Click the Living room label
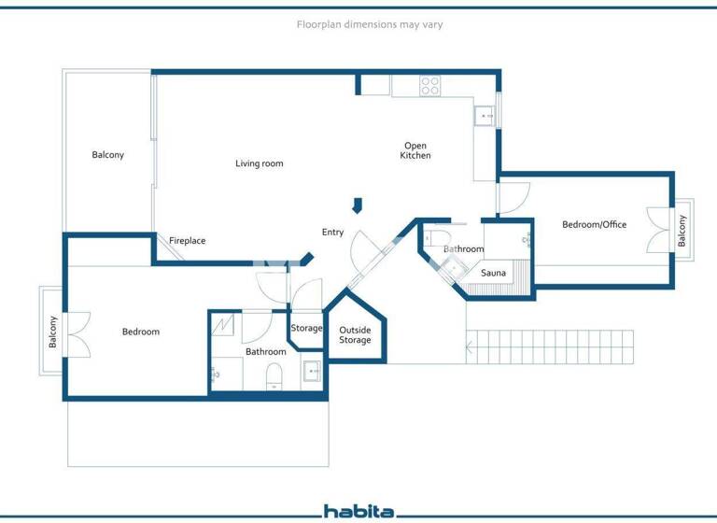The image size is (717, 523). [x=259, y=163]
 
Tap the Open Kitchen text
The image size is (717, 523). [x=415, y=150]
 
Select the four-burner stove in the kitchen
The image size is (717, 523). [x=429, y=85]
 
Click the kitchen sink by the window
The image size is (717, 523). [x=485, y=116]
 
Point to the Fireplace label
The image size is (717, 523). [x=187, y=241]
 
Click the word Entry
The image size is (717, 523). [x=332, y=233]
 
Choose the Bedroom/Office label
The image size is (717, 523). [x=594, y=224]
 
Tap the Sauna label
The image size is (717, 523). [x=494, y=273]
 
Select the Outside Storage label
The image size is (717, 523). [x=355, y=335]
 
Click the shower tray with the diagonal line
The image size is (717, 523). [x=225, y=325]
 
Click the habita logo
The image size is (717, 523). [x=358, y=511]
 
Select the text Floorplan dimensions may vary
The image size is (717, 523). [x=369, y=24]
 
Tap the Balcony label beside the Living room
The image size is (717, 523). [x=107, y=154]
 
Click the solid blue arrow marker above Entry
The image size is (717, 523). [x=356, y=205]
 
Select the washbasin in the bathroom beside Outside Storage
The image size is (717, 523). [x=312, y=372]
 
